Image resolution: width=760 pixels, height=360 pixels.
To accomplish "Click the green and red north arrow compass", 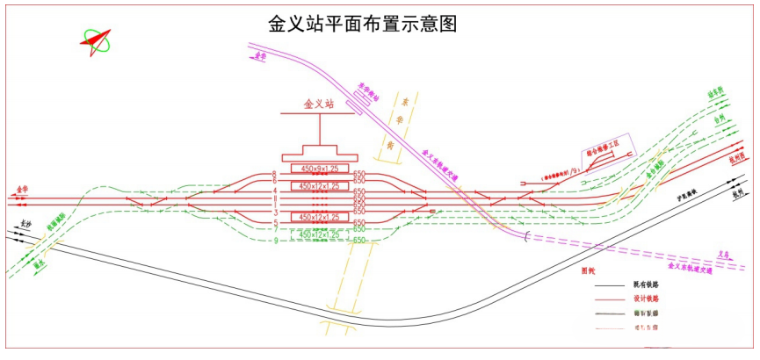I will [x=97, y=40].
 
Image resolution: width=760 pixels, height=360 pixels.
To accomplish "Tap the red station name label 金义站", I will [x=319, y=104].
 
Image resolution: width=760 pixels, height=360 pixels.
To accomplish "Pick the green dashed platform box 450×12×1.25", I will [x=320, y=235].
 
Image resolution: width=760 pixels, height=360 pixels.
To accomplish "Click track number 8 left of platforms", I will [x=274, y=174].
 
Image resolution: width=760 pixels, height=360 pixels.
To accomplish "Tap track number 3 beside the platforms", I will [x=275, y=213].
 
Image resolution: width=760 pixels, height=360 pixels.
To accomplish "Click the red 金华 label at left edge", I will [x=22, y=189].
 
